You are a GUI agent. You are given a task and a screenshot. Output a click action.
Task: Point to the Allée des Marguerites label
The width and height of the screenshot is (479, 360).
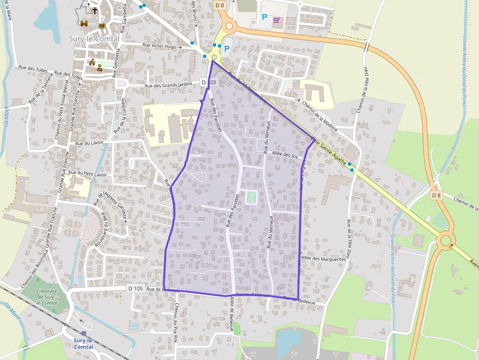point(324,259)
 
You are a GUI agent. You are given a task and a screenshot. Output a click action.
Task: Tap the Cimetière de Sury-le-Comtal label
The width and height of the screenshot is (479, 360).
point(47,296)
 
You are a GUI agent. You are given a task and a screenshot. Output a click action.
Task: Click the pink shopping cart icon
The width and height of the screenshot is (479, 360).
point(277,20)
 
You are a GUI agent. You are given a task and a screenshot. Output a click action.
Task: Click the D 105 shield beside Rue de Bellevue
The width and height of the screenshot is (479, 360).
point(136,289)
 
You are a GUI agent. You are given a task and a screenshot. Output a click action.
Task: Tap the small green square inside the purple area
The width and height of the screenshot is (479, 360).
point(251,197)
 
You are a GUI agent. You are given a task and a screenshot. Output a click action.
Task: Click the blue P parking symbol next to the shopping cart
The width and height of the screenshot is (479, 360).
point(264,18)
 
